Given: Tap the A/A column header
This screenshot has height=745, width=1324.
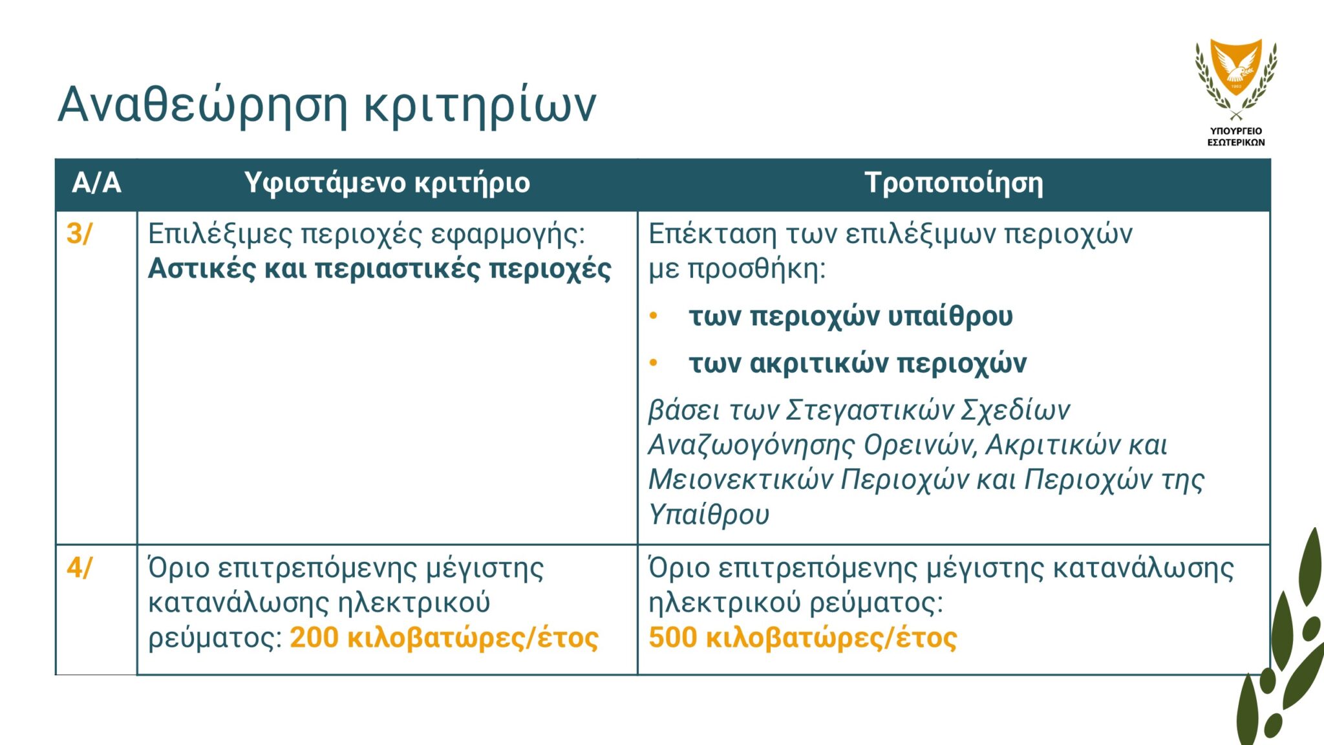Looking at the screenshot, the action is [96, 183].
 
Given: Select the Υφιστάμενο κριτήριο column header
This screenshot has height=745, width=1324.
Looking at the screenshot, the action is [387, 184].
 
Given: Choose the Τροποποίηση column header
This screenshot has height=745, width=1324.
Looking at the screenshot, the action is [954, 184].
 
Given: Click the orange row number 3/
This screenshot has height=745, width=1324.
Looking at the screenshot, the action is [79, 233].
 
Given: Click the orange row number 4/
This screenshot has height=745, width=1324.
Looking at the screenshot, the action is [79, 568].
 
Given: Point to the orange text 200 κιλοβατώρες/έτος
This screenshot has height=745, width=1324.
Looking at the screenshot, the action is [444, 638].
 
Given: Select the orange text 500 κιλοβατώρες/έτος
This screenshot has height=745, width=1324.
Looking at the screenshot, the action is [802, 638].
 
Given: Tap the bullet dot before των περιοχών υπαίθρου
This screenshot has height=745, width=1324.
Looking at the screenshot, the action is [654, 316].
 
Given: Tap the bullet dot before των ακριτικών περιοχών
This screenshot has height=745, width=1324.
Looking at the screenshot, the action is [654, 363].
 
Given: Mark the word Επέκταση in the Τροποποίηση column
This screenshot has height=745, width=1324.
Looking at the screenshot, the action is [712, 234].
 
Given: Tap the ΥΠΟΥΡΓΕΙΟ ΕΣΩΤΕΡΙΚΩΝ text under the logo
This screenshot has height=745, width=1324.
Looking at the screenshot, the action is [1236, 136].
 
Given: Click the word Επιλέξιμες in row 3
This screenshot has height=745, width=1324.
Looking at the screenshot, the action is [220, 234].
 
